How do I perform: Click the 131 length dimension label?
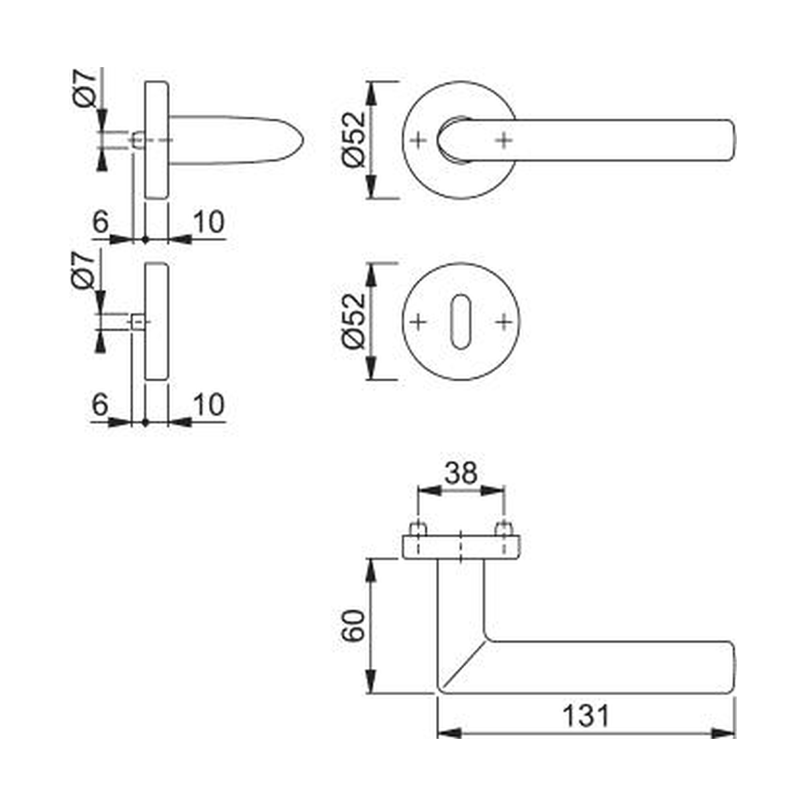586,715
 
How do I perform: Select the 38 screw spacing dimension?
461,473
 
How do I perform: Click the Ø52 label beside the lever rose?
354,140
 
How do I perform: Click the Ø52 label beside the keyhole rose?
354,321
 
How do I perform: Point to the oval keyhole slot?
461,322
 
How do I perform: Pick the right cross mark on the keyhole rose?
504,322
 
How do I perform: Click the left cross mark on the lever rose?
418,140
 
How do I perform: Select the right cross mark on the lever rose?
504,140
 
